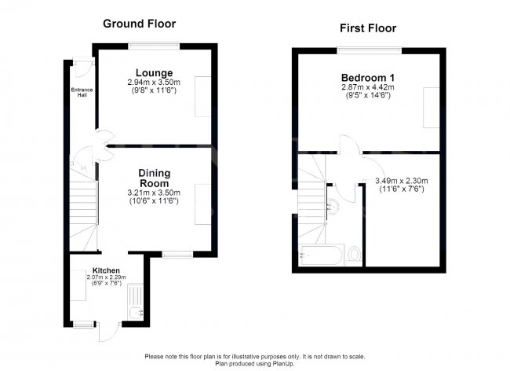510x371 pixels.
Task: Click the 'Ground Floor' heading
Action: coord(139,23)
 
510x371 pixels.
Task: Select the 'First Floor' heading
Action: coord(367,28)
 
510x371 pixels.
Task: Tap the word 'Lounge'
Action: coord(153,73)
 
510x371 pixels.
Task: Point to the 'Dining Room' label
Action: coord(155,178)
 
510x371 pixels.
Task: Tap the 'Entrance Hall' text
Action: coord(82,92)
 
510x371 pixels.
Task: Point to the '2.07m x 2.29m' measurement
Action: coord(106,277)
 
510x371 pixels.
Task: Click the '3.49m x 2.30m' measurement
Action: coord(401,181)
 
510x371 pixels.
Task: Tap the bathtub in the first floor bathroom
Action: coord(322,255)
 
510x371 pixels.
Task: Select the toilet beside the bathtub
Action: coord(354,254)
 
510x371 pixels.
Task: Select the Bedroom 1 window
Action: coord(369,50)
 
